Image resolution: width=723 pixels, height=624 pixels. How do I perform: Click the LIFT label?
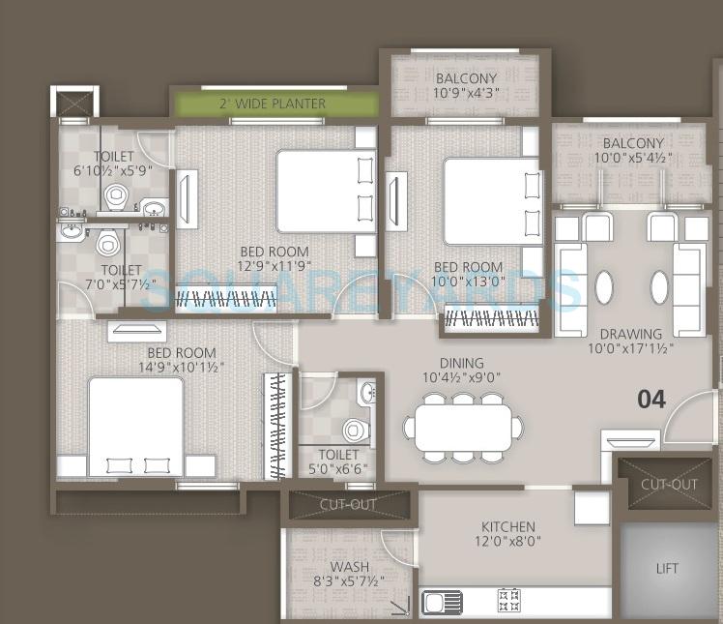(x=668, y=569)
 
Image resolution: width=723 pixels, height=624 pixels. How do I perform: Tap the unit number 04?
(x=651, y=399)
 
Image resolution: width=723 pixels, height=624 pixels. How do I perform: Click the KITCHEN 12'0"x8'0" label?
(x=508, y=535)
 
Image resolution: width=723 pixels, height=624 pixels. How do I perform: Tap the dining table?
(x=463, y=427)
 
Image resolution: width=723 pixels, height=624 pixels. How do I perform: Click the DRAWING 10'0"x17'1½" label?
(x=630, y=342)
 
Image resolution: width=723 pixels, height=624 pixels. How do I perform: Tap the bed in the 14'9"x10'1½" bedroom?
(x=135, y=427)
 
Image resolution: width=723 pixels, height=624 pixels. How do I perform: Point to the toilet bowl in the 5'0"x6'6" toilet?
(x=356, y=429)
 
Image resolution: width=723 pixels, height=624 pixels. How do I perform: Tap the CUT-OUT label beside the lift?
(x=669, y=483)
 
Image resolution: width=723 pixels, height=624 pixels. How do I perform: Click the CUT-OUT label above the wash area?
(x=348, y=504)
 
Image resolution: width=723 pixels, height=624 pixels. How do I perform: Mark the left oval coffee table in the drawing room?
(x=603, y=287)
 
